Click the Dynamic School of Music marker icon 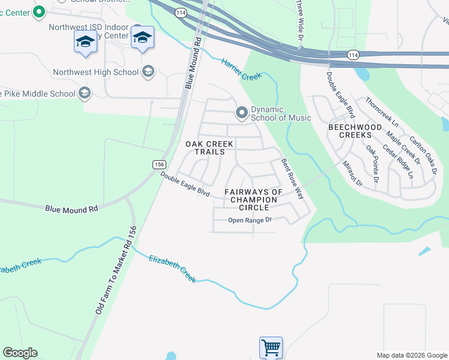242,113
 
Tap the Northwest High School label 95,73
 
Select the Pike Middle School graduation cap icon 85,93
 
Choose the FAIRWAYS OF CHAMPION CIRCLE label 253,199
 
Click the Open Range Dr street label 250,220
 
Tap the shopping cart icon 271,347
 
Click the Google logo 20,353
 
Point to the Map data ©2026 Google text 411,355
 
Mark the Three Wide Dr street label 300,21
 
